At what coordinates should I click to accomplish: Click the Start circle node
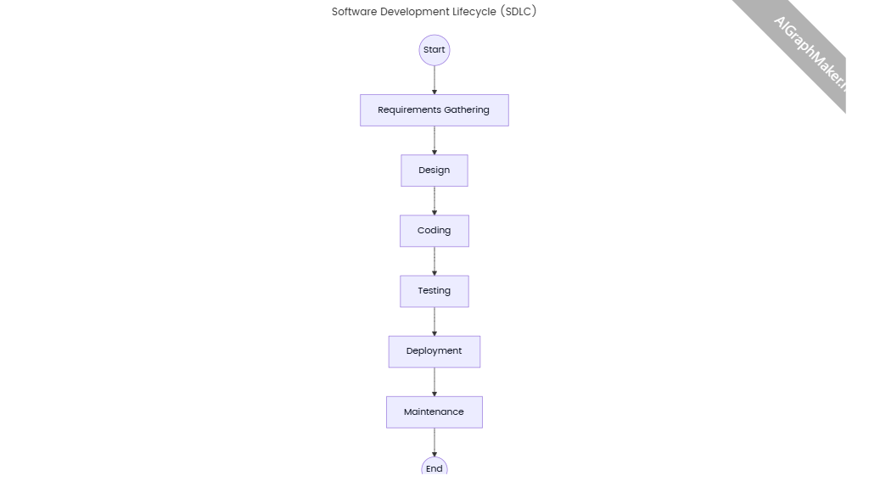pyautogui.click(x=434, y=50)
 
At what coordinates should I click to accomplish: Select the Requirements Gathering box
pyautogui.click(x=434, y=110)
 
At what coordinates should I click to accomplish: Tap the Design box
pyautogui.click(x=434, y=171)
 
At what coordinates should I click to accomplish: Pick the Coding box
pyautogui.click(x=434, y=231)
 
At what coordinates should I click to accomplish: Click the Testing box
pyautogui.click(x=434, y=291)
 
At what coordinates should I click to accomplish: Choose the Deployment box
pyautogui.click(x=434, y=351)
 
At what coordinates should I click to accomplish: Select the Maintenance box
pyautogui.click(x=434, y=412)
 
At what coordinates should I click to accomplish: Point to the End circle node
pyautogui.click(x=434, y=468)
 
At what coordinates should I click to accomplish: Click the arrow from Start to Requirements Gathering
pyautogui.click(x=434, y=80)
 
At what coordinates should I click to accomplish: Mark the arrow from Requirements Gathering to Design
pyautogui.click(x=434, y=140)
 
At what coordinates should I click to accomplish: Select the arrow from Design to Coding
pyautogui.click(x=434, y=200)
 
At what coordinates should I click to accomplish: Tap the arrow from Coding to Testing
pyautogui.click(x=434, y=260)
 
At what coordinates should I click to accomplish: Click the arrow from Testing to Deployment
pyautogui.click(x=434, y=321)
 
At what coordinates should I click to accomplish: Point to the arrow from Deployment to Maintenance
pyautogui.click(x=434, y=382)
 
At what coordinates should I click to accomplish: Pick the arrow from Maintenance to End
pyautogui.click(x=434, y=442)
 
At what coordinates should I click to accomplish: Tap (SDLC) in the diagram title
pyautogui.click(x=519, y=12)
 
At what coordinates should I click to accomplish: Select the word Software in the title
pyautogui.click(x=354, y=12)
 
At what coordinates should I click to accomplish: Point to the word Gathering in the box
pyautogui.click(x=467, y=110)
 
